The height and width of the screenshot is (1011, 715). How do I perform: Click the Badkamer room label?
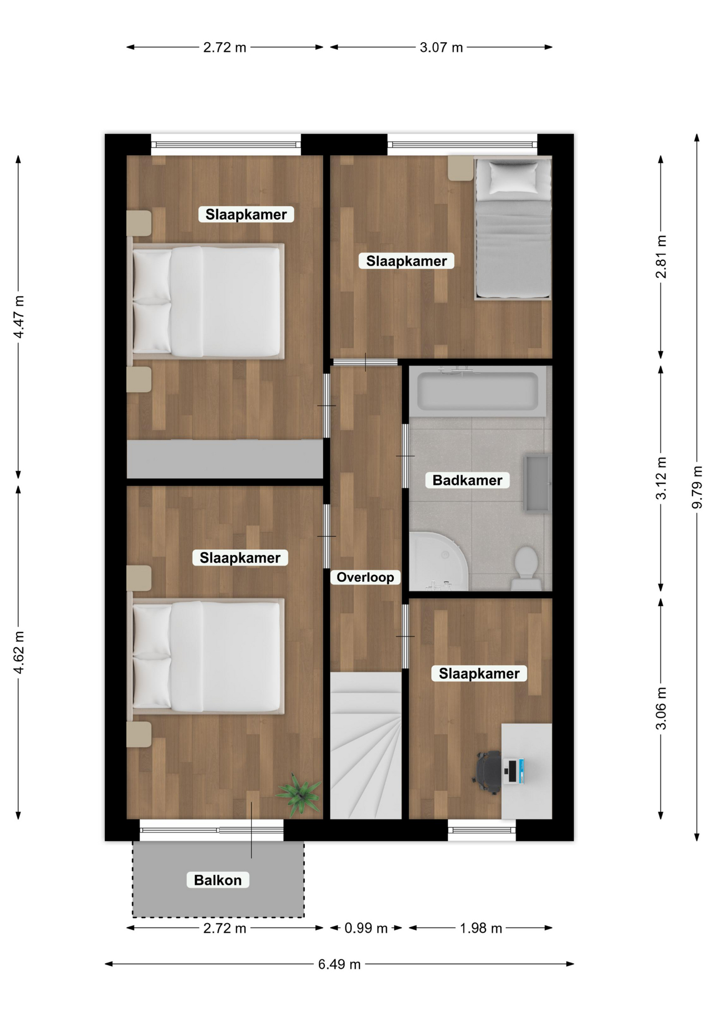(x=468, y=480)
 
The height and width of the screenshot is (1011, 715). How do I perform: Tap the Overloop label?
(x=365, y=577)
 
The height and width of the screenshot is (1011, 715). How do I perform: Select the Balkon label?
(x=217, y=880)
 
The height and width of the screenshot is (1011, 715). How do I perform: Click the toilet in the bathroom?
(x=525, y=568)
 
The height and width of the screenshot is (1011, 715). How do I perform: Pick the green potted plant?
(x=299, y=793)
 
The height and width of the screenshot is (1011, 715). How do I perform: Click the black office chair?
(x=488, y=772)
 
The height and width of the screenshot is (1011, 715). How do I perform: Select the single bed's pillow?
(x=513, y=177)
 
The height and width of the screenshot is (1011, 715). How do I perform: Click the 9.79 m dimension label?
(x=697, y=487)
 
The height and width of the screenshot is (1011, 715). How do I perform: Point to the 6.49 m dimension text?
(x=339, y=964)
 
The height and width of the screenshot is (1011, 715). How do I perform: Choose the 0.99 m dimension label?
(x=365, y=928)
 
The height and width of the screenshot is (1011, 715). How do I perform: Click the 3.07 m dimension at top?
(x=441, y=47)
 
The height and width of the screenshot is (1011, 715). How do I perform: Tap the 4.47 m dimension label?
(x=19, y=316)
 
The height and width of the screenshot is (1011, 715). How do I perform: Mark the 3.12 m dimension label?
(x=661, y=478)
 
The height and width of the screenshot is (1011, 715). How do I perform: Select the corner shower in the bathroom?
(x=439, y=561)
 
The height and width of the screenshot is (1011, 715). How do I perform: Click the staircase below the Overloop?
(x=366, y=745)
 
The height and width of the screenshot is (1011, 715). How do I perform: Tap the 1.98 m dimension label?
(x=481, y=928)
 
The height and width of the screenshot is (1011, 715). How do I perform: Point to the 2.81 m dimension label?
(x=661, y=256)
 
